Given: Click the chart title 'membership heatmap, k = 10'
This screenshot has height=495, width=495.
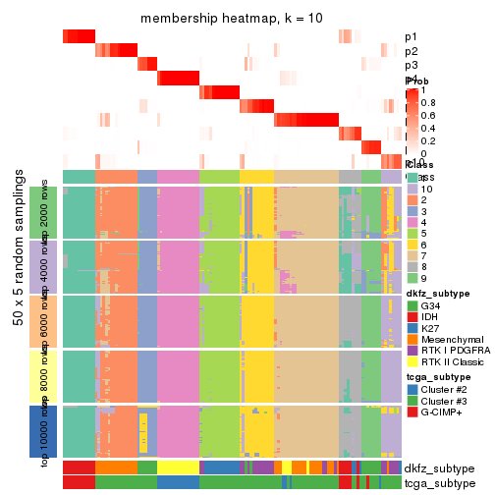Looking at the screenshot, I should pyautogui.click(x=232, y=19).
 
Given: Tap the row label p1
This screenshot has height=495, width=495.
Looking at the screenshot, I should pyautogui.click(x=411, y=37).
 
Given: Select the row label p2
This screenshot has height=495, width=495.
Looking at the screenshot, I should pyautogui.click(x=411, y=51).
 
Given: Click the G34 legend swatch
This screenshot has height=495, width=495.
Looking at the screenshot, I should pyautogui.click(x=412, y=305).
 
